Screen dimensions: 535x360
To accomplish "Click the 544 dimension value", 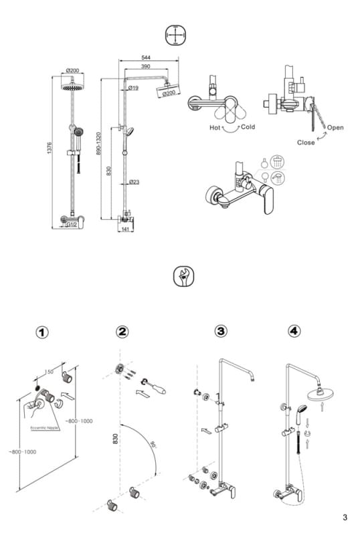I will tap(145, 58).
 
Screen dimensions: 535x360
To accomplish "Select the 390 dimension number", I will tap(145, 68).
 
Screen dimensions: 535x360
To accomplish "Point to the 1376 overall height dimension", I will tap(49, 150).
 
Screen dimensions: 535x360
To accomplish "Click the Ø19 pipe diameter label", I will tap(132, 88).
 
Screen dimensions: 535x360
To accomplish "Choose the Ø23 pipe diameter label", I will tap(134, 182).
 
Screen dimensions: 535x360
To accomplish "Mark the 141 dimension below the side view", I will tap(125, 229).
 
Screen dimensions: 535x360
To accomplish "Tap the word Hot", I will tap(215, 127).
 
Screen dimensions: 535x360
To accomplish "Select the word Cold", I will tap(248, 127).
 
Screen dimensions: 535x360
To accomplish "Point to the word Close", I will tap(306, 142).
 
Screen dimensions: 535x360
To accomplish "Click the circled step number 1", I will tap(43, 332).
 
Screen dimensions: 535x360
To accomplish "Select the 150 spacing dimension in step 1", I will tap(49, 372).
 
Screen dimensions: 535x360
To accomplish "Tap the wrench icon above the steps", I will tap(180, 276).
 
